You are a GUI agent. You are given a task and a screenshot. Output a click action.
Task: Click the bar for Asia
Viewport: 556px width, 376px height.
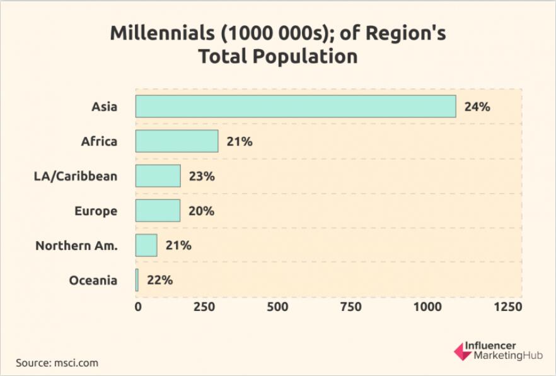(x=295, y=107)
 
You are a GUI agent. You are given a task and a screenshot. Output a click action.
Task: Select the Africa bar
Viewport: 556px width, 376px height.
(x=177, y=141)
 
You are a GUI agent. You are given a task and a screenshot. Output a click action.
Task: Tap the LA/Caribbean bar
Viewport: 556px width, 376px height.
(x=158, y=176)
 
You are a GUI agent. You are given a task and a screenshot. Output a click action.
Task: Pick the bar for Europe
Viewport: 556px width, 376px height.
(x=158, y=211)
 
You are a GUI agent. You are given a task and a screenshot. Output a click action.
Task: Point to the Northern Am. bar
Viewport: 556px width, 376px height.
(x=146, y=245)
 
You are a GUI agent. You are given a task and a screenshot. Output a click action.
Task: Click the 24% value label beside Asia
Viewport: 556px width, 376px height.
(x=477, y=107)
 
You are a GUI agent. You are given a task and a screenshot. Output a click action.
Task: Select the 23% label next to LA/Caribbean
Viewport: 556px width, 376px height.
(x=202, y=176)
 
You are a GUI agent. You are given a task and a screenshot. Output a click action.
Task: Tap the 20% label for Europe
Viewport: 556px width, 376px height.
(x=201, y=211)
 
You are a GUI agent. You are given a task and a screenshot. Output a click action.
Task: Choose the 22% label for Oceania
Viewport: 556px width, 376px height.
(x=159, y=280)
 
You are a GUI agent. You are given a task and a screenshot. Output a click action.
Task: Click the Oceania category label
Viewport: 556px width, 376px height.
(x=93, y=280)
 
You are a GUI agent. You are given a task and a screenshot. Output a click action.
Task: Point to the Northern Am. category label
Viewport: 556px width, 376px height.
(x=76, y=245)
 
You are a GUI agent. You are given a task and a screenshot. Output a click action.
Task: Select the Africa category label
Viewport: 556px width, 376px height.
(x=99, y=141)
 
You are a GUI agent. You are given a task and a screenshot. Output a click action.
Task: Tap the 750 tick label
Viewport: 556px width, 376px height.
(x=350, y=307)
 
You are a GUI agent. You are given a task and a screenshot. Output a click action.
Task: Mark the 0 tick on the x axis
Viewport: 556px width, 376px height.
(x=138, y=307)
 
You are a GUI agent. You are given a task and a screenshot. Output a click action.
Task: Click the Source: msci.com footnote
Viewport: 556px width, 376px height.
(x=57, y=363)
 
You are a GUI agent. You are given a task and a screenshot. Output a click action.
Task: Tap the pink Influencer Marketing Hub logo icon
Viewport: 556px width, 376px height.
(x=463, y=351)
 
